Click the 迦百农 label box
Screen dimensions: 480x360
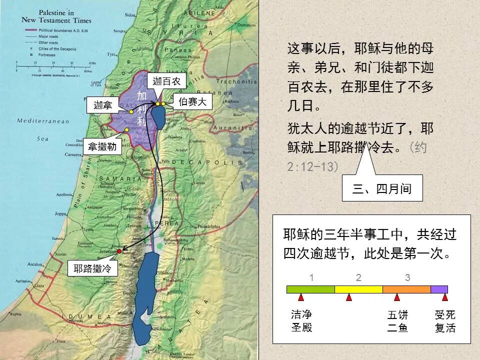click(x=166, y=81)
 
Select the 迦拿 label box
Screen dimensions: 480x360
click(x=102, y=105)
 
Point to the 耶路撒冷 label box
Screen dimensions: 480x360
click(x=92, y=268)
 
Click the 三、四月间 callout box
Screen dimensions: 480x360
click(x=382, y=188)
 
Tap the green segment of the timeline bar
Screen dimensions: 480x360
click(x=310, y=289)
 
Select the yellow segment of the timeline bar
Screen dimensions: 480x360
click(x=358, y=289)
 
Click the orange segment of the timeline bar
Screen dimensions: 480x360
click(x=406, y=289)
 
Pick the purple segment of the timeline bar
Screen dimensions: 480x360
click(x=439, y=289)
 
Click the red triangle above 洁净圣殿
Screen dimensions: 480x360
click(x=301, y=297)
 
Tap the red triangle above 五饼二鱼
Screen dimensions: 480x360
click(x=397, y=297)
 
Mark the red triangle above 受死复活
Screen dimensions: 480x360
click(x=444, y=297)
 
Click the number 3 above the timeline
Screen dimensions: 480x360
click(x=407, y=278)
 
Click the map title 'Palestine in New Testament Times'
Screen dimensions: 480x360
click(x=56, y=16)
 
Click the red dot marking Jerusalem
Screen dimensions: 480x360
click(x=119, y=251)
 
